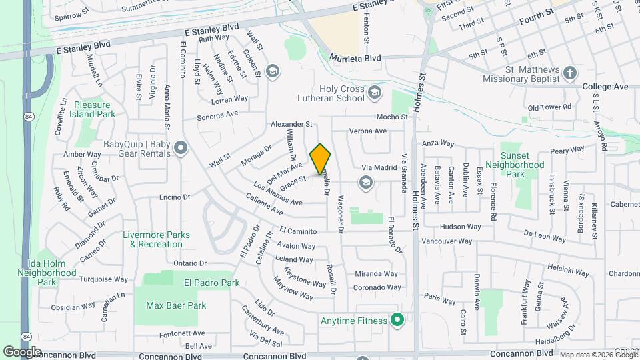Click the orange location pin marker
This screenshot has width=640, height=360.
(x=321, y=159)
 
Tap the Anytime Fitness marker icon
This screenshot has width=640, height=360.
(x=397, y=321)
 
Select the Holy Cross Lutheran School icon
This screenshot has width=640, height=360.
(x=374, y=93)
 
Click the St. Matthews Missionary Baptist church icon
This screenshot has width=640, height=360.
(x=569, y=72)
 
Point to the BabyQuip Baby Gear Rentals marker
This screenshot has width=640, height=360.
(x=180, y=148)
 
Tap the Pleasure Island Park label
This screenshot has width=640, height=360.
(x=95, y=109)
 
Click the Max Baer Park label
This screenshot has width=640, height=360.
(x=176, y=305)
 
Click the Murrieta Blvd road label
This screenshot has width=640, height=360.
(x=355, y=59)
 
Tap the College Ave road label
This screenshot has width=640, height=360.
(x=605, y=87)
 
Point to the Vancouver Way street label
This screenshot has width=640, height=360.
(x=447, y=241)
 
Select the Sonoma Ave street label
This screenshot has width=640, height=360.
(x=217, y=115)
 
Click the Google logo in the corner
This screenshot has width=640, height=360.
(x=22, y=351)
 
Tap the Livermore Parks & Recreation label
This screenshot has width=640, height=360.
(x=156, y=239)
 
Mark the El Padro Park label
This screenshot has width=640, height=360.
(x=211, y=283)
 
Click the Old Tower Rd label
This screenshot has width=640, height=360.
(x=549, y=107)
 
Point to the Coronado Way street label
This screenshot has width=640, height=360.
(x=377, y=288)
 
